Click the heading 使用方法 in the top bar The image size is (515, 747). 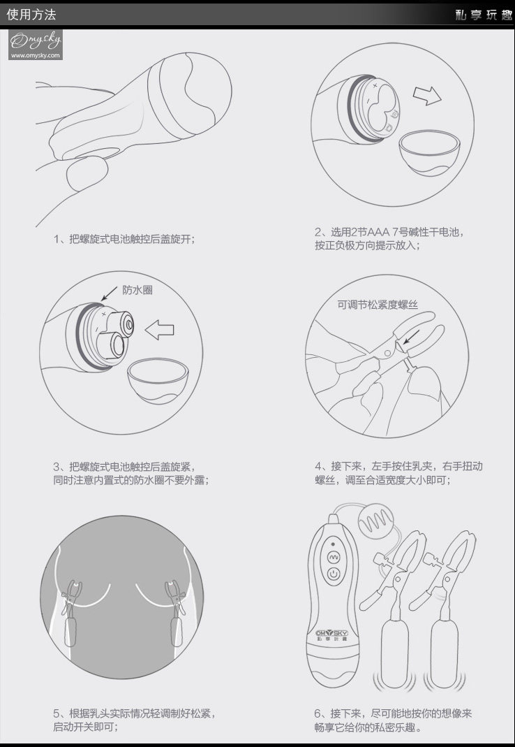[31, 14]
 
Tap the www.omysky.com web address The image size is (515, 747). [36, 55]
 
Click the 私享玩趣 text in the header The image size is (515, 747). [483, 15]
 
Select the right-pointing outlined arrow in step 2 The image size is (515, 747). [427, 95]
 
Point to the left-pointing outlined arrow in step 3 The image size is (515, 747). [159, 330]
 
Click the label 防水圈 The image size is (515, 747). [137, 290]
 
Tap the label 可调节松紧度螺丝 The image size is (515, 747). [378, 305]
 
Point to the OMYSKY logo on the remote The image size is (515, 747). [331, 633]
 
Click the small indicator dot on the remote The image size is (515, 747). [333, 544]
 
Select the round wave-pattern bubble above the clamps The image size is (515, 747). [375, 523]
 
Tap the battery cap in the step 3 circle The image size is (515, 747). [158, 381]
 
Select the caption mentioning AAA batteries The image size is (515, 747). [389, 239]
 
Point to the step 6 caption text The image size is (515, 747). [393, 720]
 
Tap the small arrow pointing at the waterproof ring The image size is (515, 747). [109, 293]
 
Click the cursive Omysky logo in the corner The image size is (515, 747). [36, 41]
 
